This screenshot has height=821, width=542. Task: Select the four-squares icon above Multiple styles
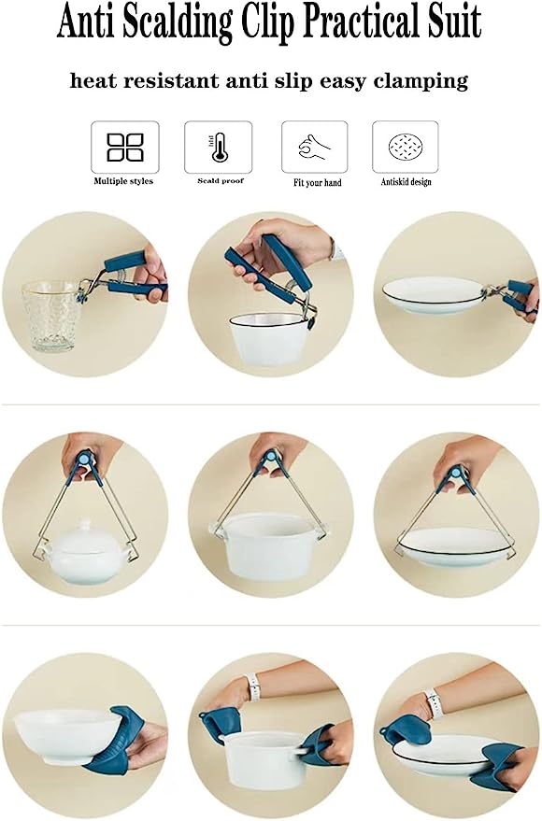pyautogui.click(x=125, y=147)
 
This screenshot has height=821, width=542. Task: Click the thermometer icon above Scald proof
pyautogui.click(x=218, y=147)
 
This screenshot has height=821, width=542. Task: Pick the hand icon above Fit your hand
pyautogui.click(x=314, y=147)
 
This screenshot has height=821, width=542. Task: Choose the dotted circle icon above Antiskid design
pyautogui.click(x=406, y=148)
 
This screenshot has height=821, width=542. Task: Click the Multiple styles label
pyautogui.click(x=123, y=181)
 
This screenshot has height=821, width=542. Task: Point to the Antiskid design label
pyautogui.click(x=406, y=182)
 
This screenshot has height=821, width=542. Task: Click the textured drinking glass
pyautogui.click(x=50, y=316)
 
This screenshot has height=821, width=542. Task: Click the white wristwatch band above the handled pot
pyautogui.click(x=254, y=687)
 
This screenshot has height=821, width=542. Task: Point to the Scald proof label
pyautogui.click(x=221, y=180)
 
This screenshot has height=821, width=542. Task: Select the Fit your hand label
pyautogui.click(x=318, y=182)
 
